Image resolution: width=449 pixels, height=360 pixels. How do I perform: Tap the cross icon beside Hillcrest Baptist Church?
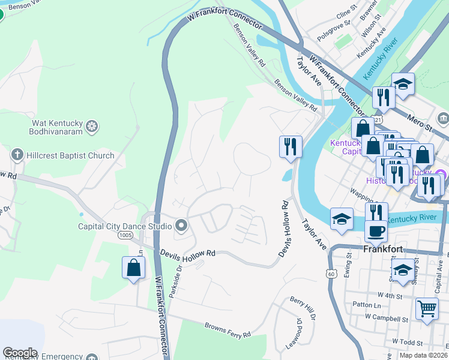[x=17, y=155]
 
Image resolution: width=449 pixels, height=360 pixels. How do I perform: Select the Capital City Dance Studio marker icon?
[x=181, y=226]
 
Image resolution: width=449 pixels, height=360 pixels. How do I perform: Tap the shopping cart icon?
[x=427, y=309]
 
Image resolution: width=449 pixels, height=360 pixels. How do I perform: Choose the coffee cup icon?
[x=376, y=230]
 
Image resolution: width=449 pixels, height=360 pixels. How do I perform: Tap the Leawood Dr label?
[x=298, y=332]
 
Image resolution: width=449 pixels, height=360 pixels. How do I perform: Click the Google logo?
[x=20, y=353]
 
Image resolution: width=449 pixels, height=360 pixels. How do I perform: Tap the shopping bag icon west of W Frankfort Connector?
[x=133, y=268]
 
